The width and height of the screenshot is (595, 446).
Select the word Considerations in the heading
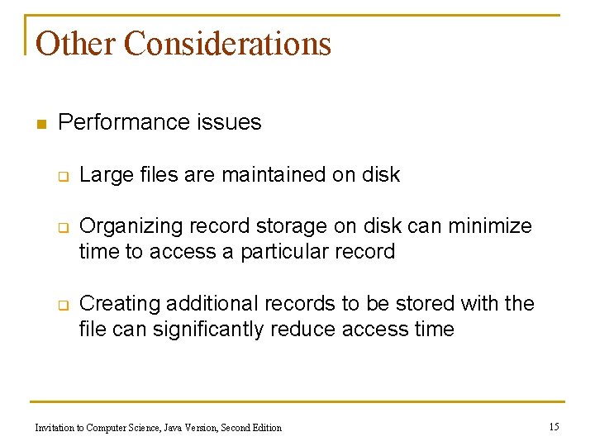(227, 43)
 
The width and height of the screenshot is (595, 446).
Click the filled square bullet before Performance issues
(40, 125)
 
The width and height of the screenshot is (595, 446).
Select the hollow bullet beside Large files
(62, 176)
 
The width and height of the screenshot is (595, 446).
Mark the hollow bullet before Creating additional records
(62, 305)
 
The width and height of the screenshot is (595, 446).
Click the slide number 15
(554, 427)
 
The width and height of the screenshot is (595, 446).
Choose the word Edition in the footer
(264, 428)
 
